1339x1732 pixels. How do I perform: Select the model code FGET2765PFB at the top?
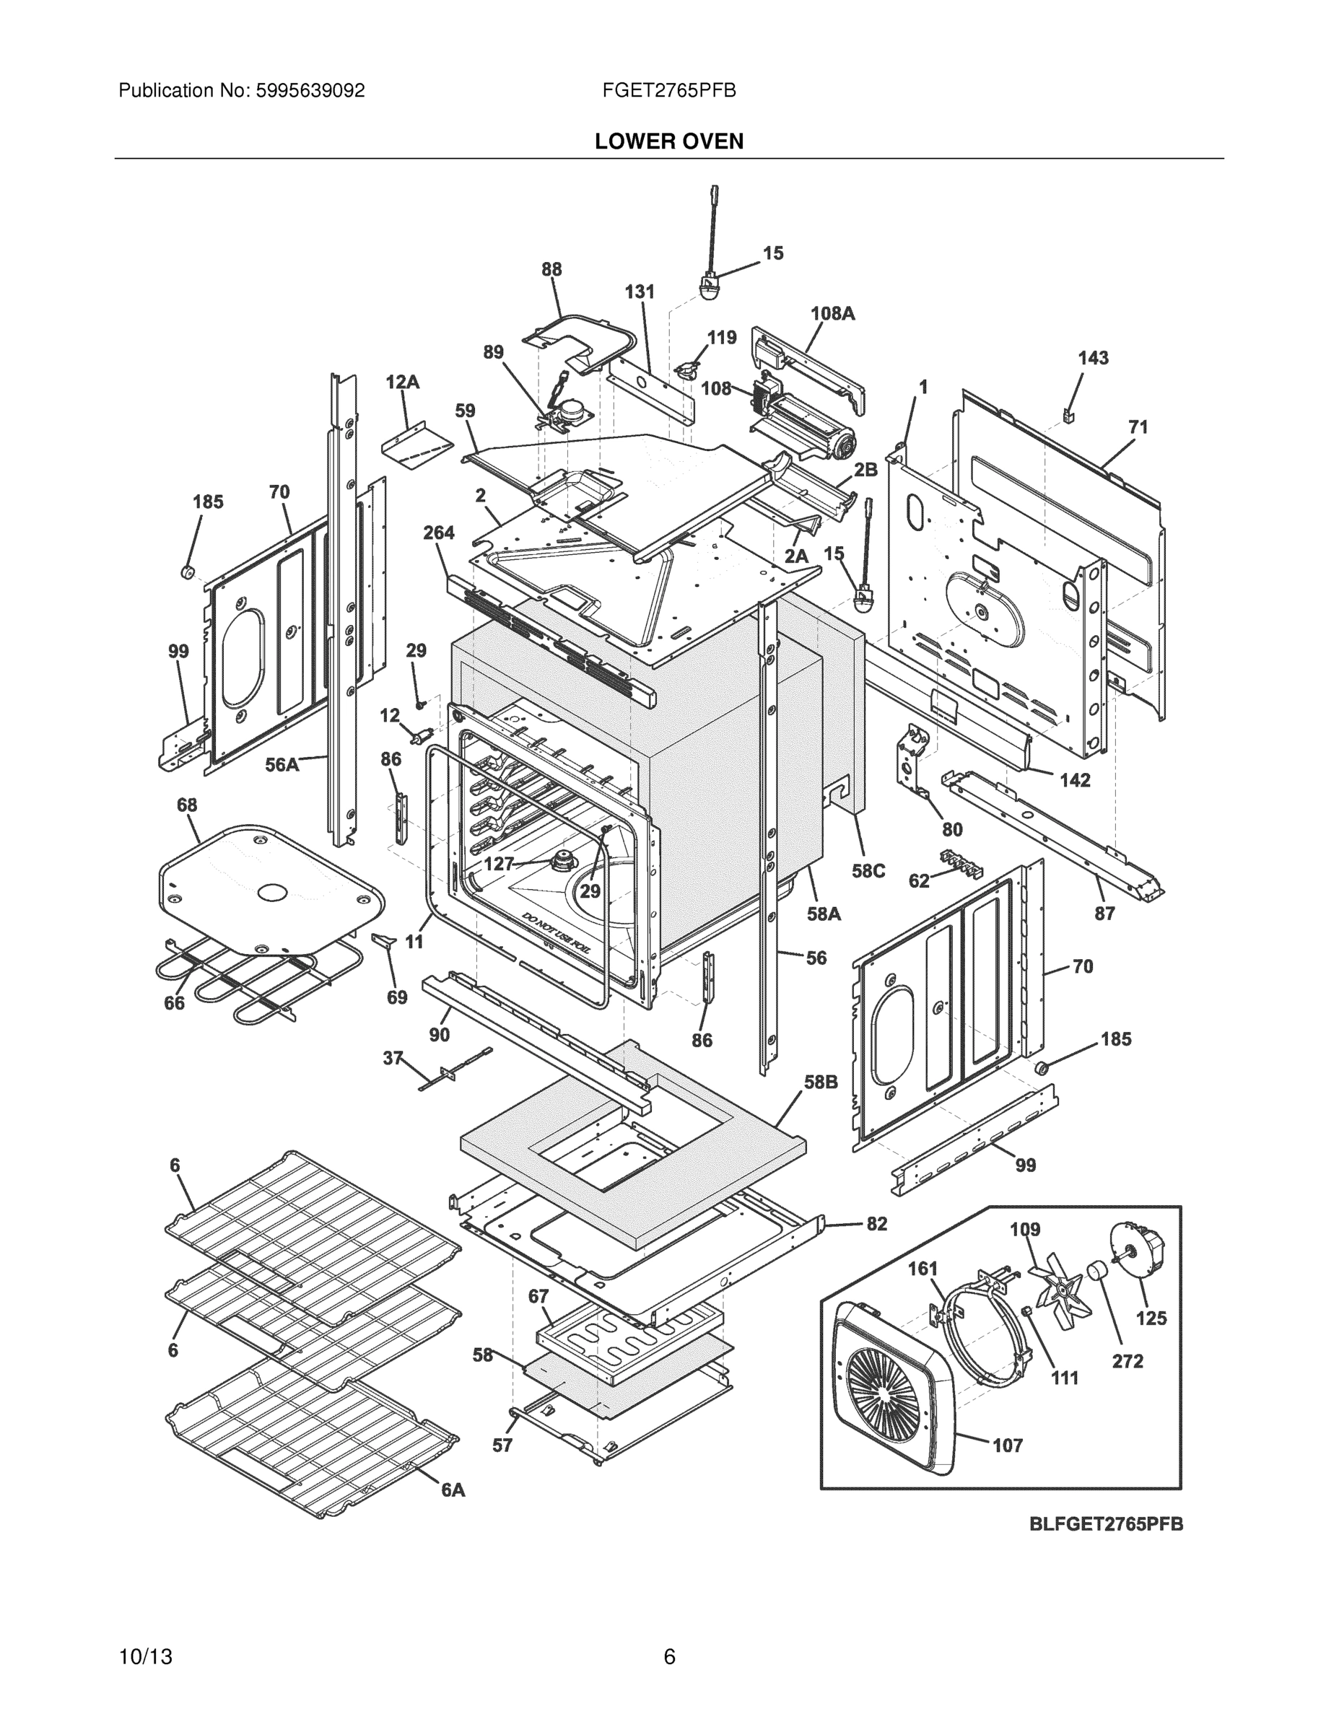point(668,91)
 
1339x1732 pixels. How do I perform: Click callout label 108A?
point(832,313)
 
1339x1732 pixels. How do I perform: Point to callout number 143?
point(1092,358)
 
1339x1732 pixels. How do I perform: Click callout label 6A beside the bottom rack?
point(453,1490)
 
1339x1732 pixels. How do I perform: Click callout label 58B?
point(820,1082)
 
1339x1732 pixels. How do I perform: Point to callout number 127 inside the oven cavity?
point(499,864)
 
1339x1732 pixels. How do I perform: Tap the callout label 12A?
point(402,382)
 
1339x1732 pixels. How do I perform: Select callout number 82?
point(876,1224)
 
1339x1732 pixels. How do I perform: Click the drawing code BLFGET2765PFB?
point(1106,1523)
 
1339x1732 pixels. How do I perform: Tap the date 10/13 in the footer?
point(145,1657)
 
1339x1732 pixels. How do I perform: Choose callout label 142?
point(1074,780)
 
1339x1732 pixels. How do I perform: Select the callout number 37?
point(393,1058)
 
